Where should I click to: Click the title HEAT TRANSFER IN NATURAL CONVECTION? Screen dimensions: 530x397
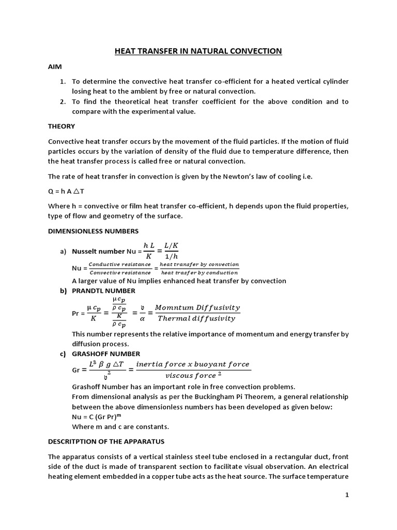198,51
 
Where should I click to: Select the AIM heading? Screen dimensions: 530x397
55,67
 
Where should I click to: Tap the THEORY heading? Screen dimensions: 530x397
62,126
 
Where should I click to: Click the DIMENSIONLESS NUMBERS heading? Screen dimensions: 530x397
93,231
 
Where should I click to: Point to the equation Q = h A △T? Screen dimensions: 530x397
68,191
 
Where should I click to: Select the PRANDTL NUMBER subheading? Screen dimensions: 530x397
103,291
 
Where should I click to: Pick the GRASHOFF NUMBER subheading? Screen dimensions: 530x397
106,354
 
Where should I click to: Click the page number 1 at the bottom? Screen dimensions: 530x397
347,495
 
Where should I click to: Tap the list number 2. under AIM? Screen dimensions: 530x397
63,101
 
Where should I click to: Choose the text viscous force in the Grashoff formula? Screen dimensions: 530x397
187,376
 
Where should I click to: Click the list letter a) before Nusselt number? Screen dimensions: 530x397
64,252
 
